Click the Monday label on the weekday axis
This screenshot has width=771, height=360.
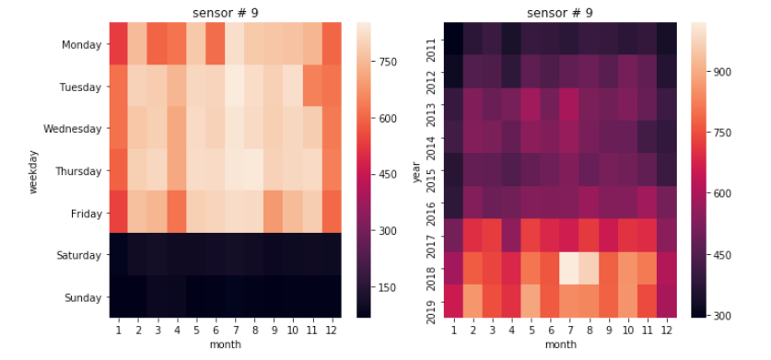point(81,45)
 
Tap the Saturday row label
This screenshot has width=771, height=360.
point(78,255)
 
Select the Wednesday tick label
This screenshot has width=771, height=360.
point(72,129)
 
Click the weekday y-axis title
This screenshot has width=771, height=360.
point(33,171)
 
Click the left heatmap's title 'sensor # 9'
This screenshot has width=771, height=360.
point(225,13)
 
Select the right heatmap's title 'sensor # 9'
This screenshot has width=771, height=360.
point(559,13)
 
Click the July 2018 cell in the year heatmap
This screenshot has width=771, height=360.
point(569,268)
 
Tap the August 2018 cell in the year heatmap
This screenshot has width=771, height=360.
point(589,268)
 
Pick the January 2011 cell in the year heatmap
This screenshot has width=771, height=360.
point(453,39)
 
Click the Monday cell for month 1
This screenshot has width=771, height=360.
point(119,43)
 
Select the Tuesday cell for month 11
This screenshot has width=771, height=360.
point(312,86)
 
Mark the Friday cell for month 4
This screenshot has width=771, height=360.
point(177,212)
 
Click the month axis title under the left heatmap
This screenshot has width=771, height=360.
point(225,344)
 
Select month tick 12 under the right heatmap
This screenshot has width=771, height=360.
point(666,331)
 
